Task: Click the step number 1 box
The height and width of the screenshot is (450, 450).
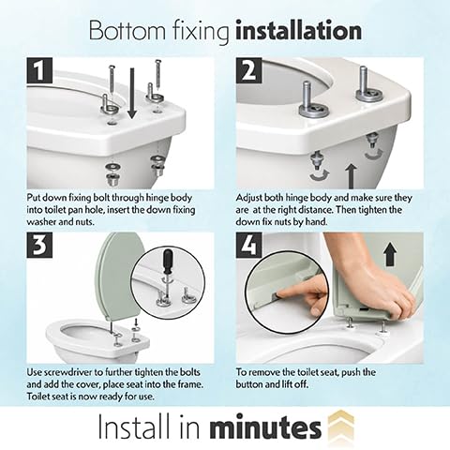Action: [39, 70]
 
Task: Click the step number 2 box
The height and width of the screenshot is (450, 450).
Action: [248, 70]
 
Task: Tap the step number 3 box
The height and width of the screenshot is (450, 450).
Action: [39, 246]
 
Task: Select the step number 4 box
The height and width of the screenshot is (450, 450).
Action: [248, 246]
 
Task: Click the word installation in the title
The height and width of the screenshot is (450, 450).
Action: [298, 31]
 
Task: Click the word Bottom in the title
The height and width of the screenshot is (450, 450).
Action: [127, 31]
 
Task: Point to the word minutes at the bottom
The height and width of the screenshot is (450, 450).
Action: [265, 427]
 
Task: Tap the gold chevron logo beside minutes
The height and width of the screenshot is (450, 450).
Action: [341, 426]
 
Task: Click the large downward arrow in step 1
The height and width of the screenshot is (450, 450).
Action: [132, 93]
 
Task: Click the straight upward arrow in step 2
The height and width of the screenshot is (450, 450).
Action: [352, 176]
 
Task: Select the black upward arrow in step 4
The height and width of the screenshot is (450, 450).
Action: [390, 255]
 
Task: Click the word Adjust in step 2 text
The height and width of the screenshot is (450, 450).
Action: [248, 199]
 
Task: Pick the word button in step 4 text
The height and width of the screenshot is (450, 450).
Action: [249, 384]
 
